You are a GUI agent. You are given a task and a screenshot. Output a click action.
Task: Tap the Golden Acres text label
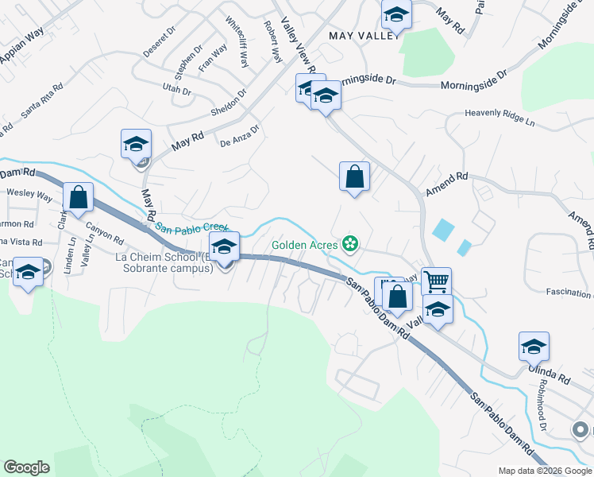click(x=305, y=244)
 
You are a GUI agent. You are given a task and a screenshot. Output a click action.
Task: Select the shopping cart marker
click(x=436, y=281)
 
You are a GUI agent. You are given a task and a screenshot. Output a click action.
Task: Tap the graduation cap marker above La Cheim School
click(x=224, y=246)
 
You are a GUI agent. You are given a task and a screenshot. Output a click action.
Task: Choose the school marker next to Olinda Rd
click(x=534, y=347)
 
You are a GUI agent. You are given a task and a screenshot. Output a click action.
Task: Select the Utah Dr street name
click(x=176, y=89)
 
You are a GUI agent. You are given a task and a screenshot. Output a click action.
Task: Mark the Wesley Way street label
click(x=29, y=194)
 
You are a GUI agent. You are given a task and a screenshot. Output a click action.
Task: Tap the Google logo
click(x=26, y=467)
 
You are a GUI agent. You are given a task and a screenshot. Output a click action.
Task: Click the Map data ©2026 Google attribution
click(x=545, y=471)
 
